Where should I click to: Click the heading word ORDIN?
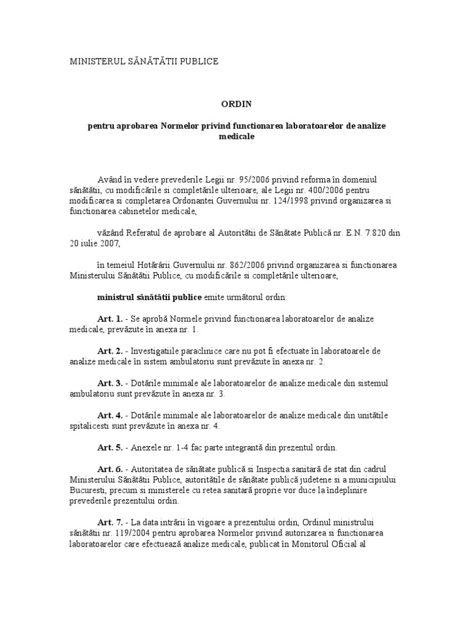tap(236, 104)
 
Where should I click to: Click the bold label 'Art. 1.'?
tap(110, 319)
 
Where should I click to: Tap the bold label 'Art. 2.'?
tap(110, 351)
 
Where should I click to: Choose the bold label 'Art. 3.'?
tap(110, 383)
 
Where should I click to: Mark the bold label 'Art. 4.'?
tap(110, 415)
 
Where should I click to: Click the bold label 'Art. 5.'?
tap(110, 447)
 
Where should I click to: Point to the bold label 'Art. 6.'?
tap(110, 470)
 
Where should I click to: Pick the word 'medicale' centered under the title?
tap(236, 136)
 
